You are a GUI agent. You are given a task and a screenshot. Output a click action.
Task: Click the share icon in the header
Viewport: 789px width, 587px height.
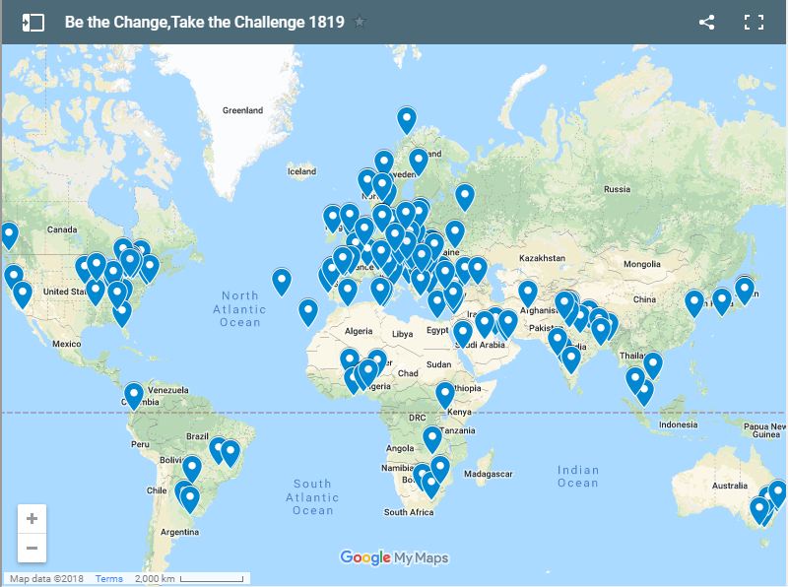pos(706,22)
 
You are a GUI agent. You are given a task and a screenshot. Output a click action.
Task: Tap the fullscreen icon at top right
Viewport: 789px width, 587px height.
pos(755,22)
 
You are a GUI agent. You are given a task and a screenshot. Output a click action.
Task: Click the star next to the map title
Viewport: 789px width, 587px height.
pos(360,22)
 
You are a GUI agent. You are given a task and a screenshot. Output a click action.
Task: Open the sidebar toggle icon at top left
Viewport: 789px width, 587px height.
pos(33,22)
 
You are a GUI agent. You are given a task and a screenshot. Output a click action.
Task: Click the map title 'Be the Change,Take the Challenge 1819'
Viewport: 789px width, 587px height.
pos(204,22)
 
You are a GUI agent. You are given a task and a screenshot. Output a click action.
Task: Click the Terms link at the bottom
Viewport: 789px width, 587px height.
pos(108,579)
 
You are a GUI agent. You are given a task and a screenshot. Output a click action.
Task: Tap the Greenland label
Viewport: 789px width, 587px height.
pos(242,111)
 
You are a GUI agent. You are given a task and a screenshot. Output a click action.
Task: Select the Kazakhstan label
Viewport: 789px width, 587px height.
pos(541,257)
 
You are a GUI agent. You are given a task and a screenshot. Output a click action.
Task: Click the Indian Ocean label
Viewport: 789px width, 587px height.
pos(577,477)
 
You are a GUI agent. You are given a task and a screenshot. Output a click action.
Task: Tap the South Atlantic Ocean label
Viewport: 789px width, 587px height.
pos(312,496)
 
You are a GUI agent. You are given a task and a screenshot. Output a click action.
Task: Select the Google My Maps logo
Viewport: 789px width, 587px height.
pos(394,557)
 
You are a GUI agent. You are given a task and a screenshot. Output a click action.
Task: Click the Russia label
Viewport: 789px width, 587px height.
pos(617,189)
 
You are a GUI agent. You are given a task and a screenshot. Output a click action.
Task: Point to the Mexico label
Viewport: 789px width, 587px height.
pos(66,344)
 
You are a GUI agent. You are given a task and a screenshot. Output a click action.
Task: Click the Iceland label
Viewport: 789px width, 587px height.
pos(301,171)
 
